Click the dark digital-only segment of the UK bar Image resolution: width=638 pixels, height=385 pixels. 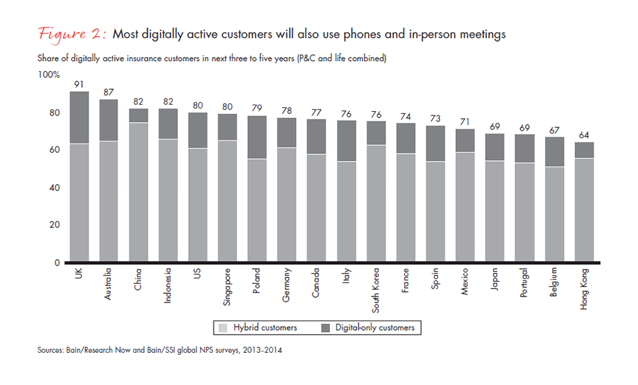[79, 117]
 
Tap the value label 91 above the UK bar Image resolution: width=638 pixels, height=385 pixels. [79, 85]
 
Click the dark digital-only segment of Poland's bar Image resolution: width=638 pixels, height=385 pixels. [257, 137]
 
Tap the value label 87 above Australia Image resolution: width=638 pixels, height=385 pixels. [109, 92]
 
